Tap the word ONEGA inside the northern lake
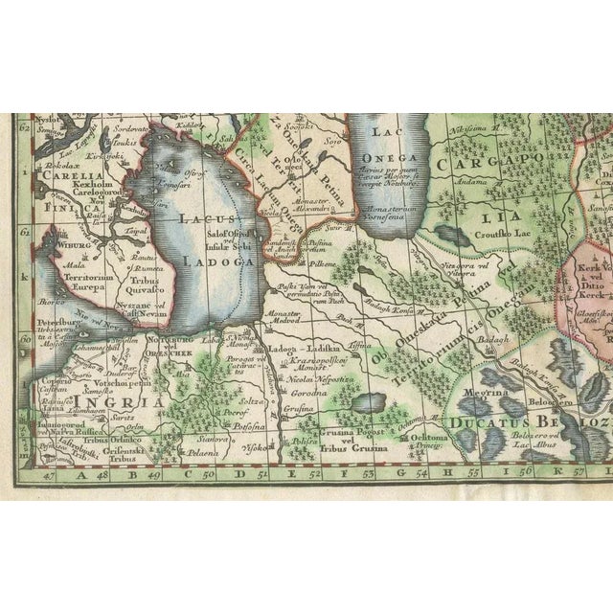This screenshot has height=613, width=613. click(x=395, y=158)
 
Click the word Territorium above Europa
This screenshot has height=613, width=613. click(x=63, y=261)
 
